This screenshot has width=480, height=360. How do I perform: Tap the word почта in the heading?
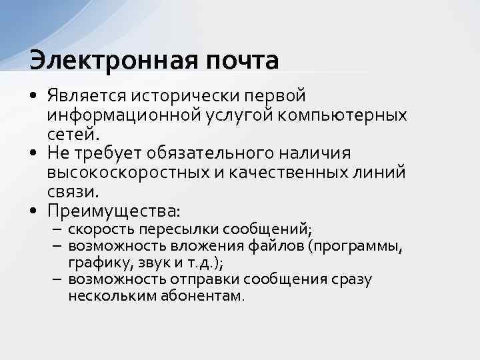tap(237, 60)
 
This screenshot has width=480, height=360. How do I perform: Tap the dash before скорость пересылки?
tap(57, 231)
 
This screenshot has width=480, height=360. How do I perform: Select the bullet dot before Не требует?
tap(33, 154)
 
